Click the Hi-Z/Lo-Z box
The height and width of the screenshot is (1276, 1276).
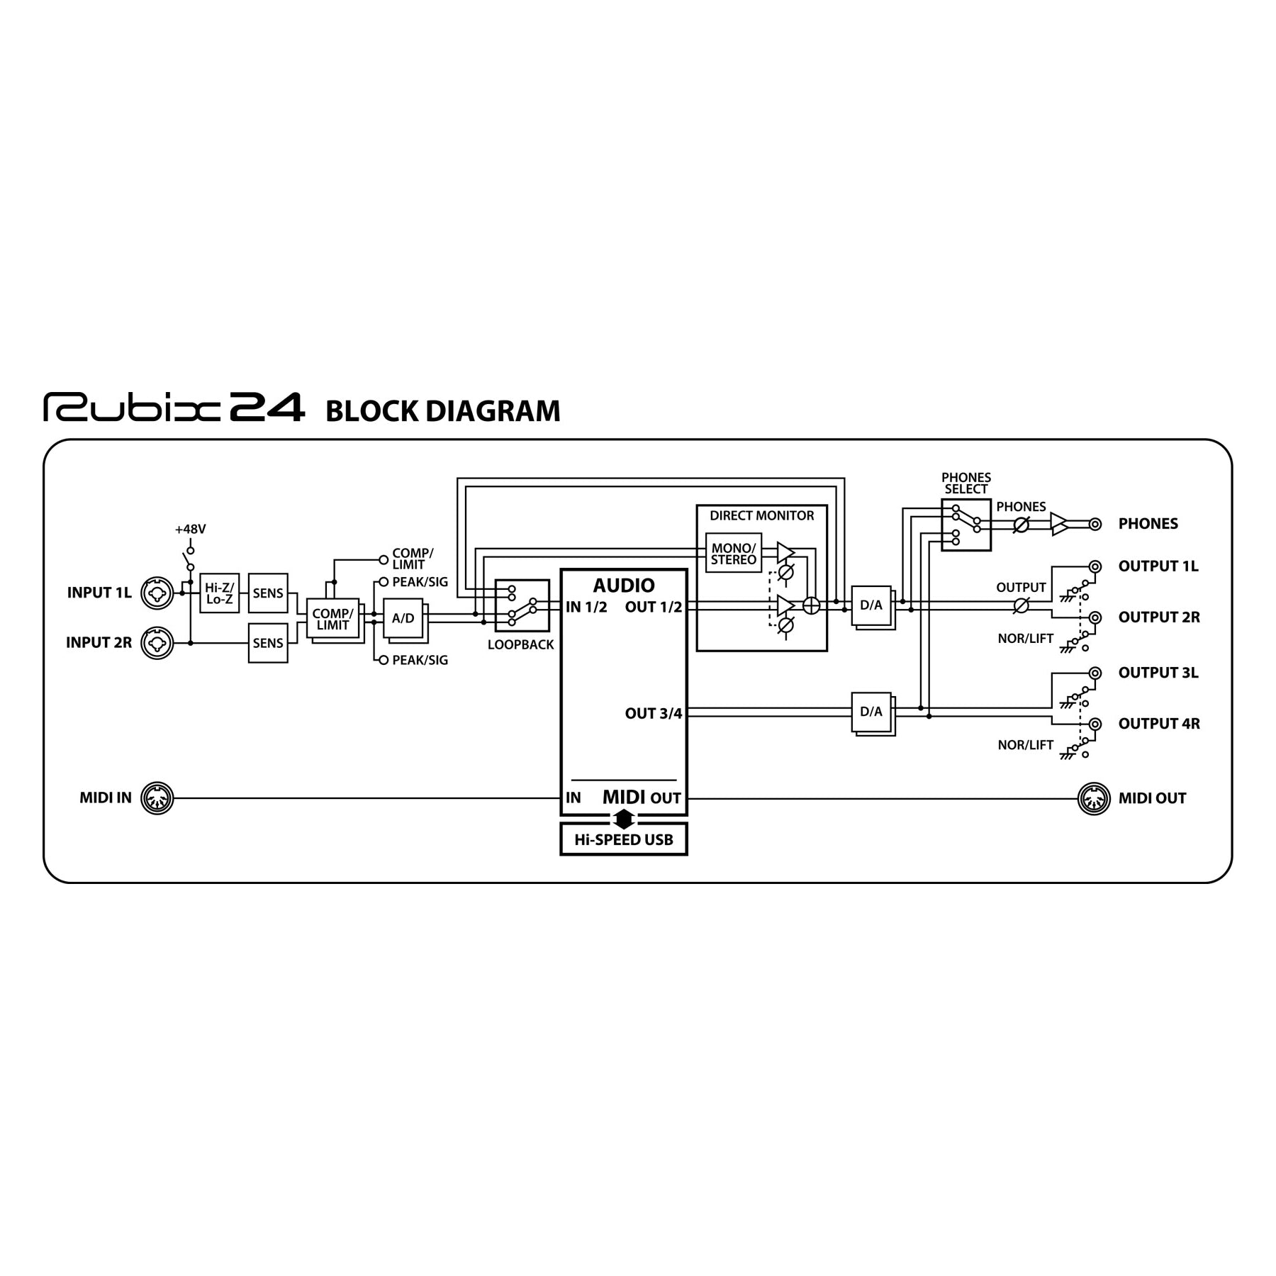[219, 593]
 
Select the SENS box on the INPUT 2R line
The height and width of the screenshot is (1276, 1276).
[268, 643]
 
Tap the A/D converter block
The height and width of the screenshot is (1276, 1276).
[403, 618]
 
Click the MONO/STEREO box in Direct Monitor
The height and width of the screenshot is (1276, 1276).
[733, 554]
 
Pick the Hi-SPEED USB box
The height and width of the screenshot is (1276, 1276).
[623, 840]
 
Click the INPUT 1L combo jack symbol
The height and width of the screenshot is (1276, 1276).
[157, 593]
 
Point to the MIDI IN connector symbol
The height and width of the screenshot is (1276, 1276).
[157, 798]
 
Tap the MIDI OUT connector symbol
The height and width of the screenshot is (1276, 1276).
[1094, 798]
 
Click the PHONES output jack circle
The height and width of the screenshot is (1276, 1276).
[1095, 525]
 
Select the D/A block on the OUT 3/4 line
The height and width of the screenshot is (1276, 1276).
[871, 712]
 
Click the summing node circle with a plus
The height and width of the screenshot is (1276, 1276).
[811, 605]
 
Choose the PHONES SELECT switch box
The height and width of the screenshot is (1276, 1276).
[966, 525]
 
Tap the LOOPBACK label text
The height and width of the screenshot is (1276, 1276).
[520, 645]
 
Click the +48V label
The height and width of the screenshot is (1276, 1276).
[190, 530]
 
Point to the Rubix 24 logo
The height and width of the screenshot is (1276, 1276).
[174, 408]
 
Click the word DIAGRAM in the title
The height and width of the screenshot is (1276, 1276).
[493, 411]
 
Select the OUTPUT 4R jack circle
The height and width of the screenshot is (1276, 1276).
[1095, 724]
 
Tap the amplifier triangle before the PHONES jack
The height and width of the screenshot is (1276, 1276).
[1058, 525]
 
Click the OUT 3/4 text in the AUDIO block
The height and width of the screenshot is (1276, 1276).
[653, 713]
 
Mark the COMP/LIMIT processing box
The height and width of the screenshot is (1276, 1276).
[332, 619]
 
